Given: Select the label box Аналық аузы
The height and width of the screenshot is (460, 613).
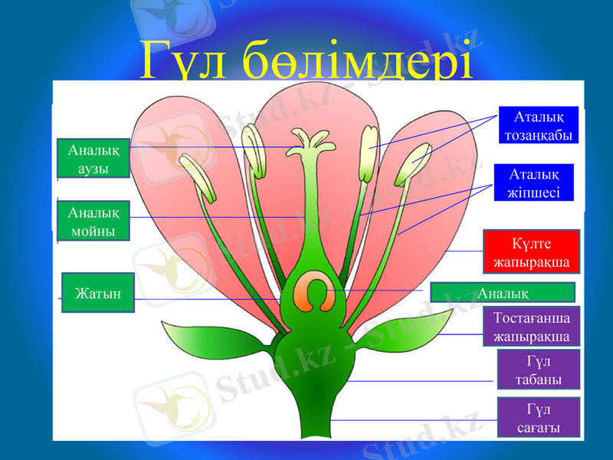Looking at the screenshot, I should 93,159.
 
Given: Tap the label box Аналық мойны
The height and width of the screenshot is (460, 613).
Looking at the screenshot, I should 93,219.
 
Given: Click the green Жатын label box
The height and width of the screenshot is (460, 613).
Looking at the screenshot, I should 97,293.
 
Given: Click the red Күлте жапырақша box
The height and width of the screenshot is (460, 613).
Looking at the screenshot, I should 531,251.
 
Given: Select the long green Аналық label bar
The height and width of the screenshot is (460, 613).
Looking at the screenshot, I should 502,292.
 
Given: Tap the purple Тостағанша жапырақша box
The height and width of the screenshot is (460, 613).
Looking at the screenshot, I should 531,327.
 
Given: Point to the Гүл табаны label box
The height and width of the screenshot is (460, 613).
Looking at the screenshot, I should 538,370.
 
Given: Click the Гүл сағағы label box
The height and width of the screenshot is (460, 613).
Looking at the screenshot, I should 538,417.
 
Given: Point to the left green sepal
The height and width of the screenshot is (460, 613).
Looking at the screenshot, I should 203,337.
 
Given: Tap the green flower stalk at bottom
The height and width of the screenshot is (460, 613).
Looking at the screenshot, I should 310,422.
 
